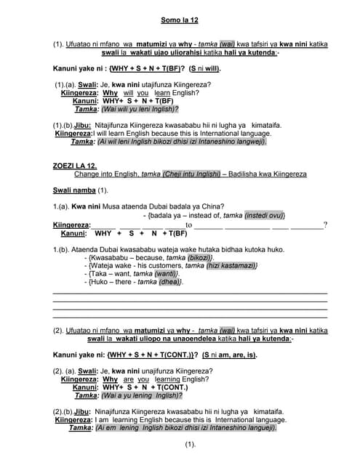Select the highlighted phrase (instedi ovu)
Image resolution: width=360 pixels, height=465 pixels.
[x=263, y=216]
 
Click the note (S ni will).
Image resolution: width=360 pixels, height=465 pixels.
[x=204, y=68]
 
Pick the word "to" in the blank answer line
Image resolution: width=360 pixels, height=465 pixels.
[x=188, y=225]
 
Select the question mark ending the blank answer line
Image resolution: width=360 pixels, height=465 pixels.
[x=325, y=225]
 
